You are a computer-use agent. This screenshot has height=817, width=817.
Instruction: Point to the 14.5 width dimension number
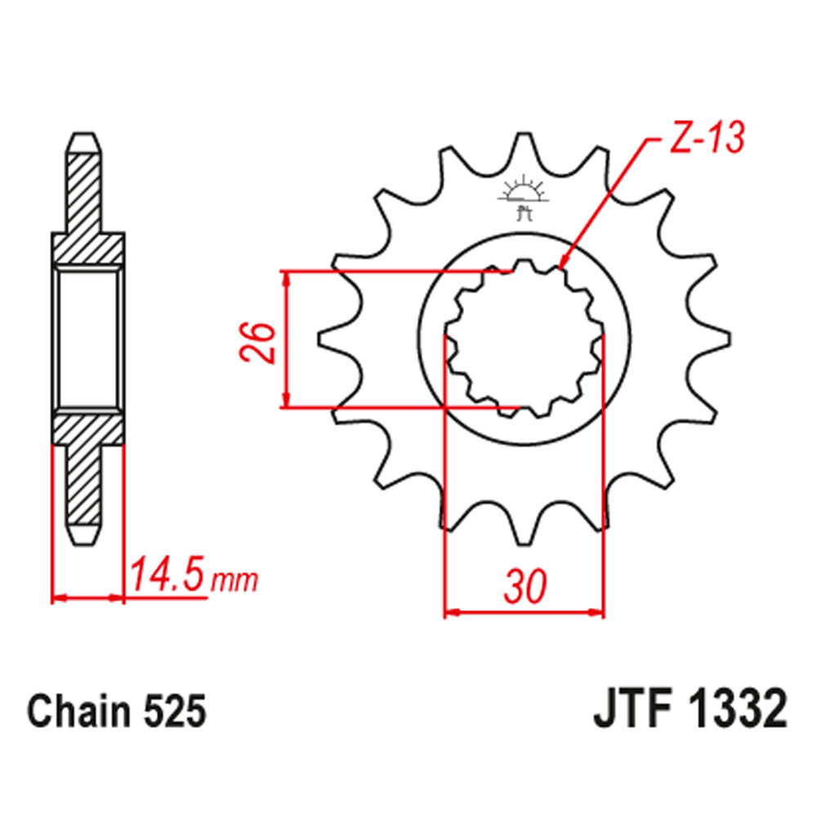click(x=167, y=576)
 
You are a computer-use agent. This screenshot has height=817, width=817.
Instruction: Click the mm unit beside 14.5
click(x=234, y=581)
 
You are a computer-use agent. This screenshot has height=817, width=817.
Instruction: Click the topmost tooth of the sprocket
click(x=523, y=147)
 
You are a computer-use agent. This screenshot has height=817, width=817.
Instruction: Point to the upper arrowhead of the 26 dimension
click(x=286, y=278)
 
